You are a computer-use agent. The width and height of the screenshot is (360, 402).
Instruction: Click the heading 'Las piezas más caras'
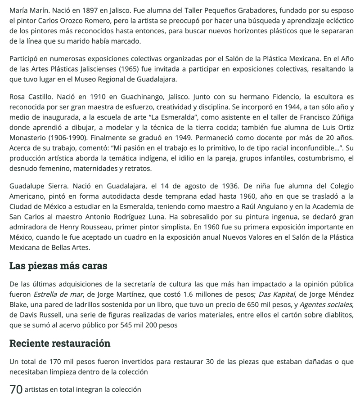pyautogui.click(x=58, y=266)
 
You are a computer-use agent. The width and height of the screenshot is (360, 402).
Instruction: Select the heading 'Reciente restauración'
pyautogui.click(x=60, y=343)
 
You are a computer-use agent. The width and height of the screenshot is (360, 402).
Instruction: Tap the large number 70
pyautogui.click(x=16, y=389)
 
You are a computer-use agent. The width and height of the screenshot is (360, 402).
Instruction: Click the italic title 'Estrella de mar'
pyautogui.click(x=58, y=295)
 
